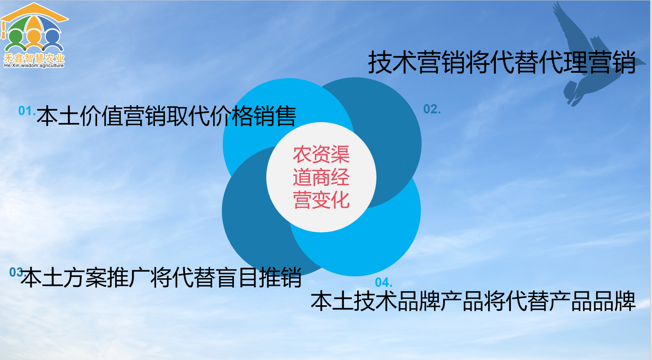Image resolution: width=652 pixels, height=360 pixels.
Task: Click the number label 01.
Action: [x=26, y=111]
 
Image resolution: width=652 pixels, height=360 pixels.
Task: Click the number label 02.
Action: [x=432, y=109]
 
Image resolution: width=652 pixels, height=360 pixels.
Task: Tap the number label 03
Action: [x=16, y=273]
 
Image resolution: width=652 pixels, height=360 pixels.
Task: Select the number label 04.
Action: [x=383, y=283]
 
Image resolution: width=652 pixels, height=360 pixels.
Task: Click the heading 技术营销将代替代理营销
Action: [x=502, y=62]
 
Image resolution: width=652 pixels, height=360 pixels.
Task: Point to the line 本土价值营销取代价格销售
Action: [x=166, y=116]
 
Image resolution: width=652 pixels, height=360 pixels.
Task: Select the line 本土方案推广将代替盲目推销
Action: [x=161, y=278]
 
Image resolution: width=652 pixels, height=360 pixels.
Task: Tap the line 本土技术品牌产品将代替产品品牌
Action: [x=473, y=301]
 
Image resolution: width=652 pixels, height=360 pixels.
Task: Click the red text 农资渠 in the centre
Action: [x=321, y=155]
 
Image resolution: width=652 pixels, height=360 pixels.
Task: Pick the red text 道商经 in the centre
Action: [x=321, y=177]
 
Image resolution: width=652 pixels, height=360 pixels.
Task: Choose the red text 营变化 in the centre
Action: [x=321, y=200]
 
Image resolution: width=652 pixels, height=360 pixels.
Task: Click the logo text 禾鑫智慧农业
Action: [x=34, y=58]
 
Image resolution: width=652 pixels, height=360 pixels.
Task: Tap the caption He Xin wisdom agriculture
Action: [x=34, y=66]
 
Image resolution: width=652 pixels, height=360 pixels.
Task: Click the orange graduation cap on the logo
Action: [x=34, y=12]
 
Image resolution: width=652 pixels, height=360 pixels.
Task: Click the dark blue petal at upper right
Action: [x=389, y=127]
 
